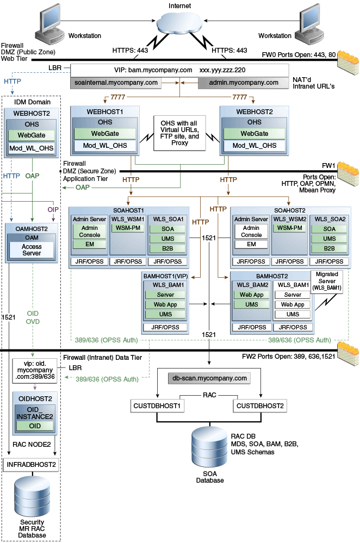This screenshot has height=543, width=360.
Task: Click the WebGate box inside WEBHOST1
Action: tap(105, 133)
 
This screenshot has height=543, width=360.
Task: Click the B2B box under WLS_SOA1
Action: tap(168, 248)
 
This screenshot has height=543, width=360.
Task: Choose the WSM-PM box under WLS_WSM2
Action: tap(290, 228)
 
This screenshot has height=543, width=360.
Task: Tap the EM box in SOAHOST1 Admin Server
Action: tap(90, 245)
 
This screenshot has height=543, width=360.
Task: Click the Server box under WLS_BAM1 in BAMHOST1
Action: tap(166, 295)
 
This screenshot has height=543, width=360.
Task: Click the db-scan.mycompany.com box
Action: tap(209, 378)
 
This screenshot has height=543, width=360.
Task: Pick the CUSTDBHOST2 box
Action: tap(260, 405)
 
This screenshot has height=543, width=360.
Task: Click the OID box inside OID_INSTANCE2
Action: tap(34, 426)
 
